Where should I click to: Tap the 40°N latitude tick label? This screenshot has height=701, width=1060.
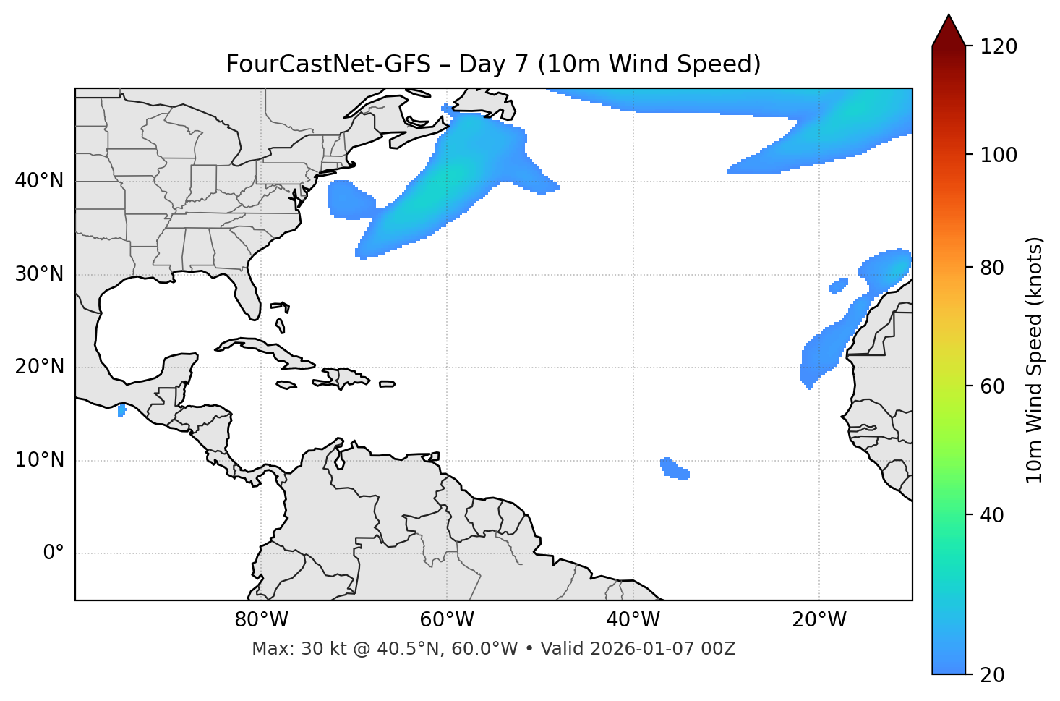[x=39, y=181]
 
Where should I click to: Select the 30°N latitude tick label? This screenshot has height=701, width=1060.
[x=39, y=274]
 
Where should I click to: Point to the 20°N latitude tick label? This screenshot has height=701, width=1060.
[x=39, y=367]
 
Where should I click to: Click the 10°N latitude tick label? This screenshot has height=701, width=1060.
[x=39, y=460]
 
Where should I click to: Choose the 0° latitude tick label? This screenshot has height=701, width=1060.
[x=54, y=553]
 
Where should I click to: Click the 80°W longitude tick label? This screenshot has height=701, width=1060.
[x=261, y=620]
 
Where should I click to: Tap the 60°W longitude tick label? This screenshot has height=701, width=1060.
[x=447, y=620]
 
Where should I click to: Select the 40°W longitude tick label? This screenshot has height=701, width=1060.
[x=633, y=620]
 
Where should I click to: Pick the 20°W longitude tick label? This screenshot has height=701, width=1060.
[x=818, y=620]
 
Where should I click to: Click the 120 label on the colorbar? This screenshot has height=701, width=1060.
[x=999, y=47]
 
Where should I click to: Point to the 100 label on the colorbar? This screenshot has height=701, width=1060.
[x=999, y=155]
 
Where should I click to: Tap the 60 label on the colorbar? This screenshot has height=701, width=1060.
[x=993, y=386]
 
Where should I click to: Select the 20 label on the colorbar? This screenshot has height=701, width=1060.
[x=993, y=675]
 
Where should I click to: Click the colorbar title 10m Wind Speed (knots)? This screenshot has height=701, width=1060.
[x=1035, y=360]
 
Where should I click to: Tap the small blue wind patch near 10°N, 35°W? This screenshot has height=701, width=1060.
[x=675, y=470]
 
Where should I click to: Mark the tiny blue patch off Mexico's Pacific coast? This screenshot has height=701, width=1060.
[x=121, y=411]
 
